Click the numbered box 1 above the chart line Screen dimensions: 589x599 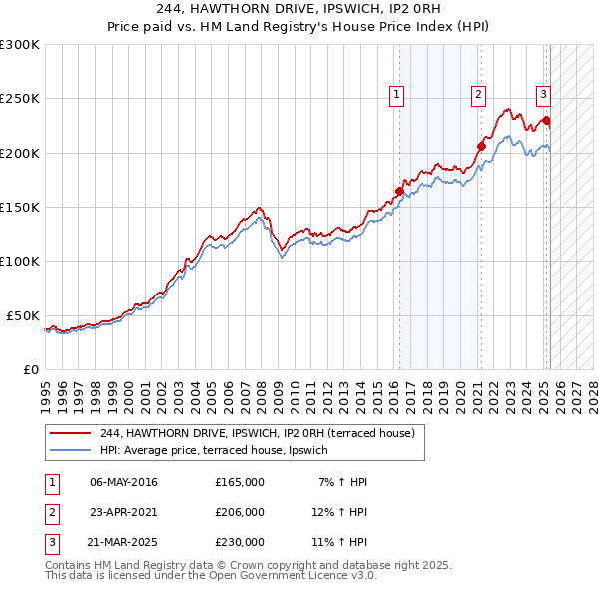point(396,95)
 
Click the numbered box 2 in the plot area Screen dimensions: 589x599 point(479,95)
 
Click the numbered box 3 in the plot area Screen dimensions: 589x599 point(543,95)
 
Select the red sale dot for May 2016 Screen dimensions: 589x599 point(399,191)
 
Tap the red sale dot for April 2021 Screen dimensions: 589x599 point(481,146)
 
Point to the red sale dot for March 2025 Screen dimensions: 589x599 point(546,120)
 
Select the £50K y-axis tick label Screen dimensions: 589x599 point(24,315)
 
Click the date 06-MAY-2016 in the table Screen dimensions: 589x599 point(124,482)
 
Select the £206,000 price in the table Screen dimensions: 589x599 point(240,512)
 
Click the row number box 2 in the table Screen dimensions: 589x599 point(52,512)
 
